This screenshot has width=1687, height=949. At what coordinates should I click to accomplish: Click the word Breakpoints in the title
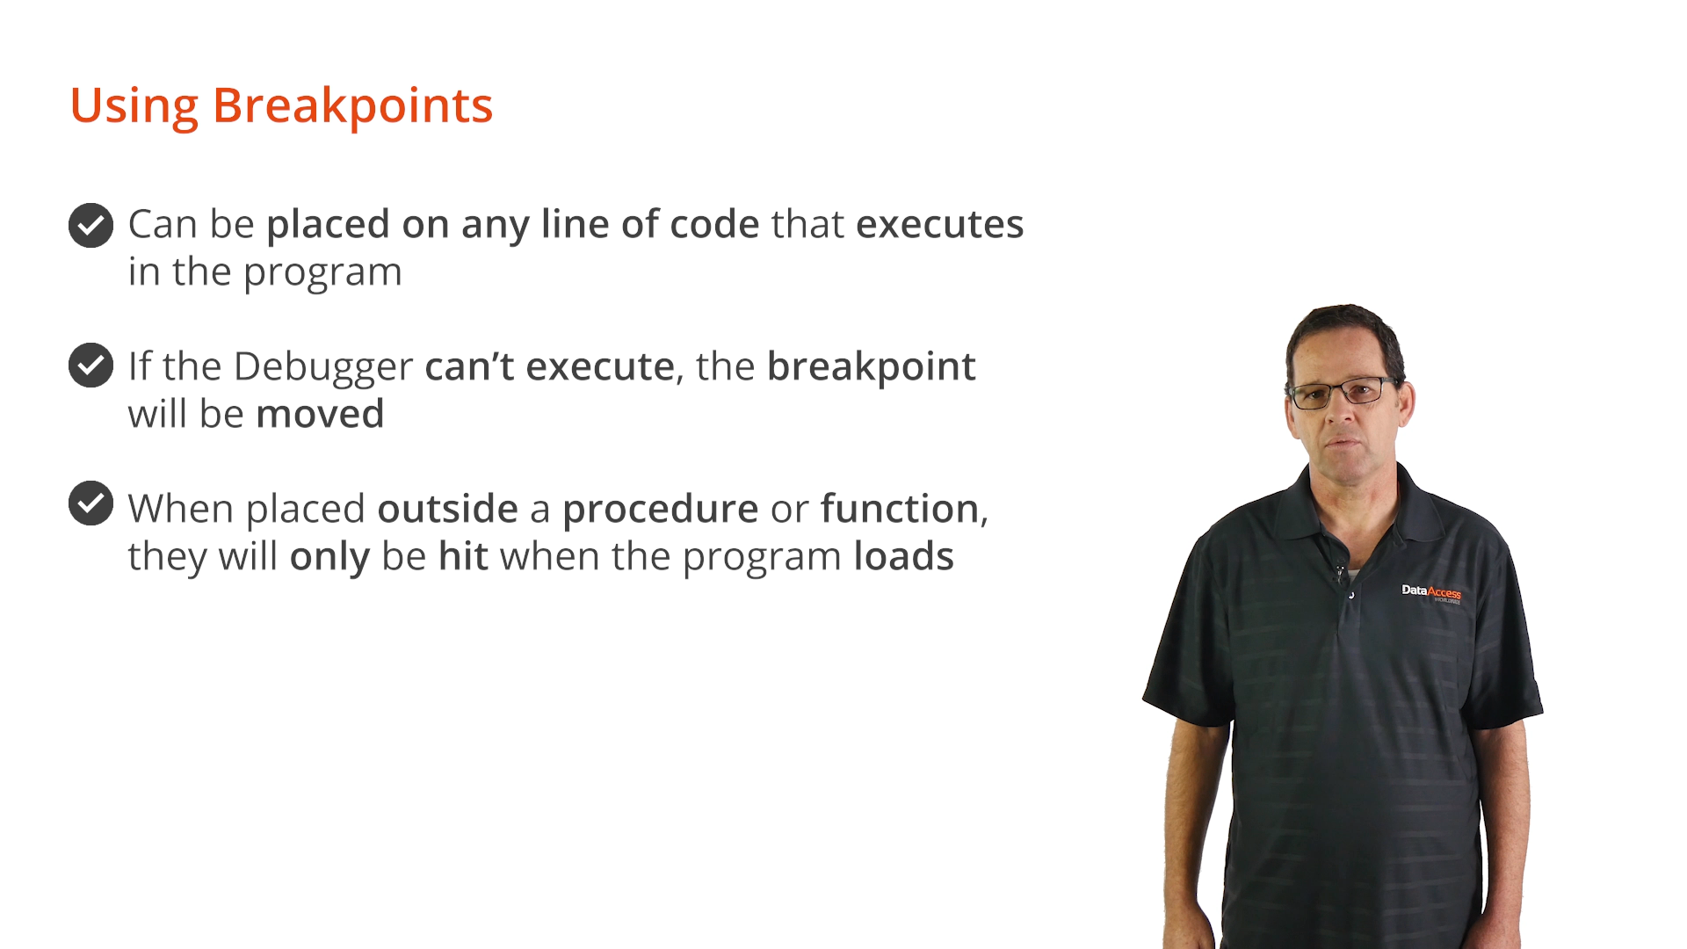pos(352,106)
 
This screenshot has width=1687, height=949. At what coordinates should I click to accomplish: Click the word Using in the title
pos(134,106)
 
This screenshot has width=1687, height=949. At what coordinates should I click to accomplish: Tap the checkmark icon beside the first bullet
pos(91,226)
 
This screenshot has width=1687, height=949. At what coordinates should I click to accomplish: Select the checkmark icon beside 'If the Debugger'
pos(91,365)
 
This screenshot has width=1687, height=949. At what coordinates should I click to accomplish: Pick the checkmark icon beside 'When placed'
pos(91,503)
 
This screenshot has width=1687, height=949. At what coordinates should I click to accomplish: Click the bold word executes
pos(939,224)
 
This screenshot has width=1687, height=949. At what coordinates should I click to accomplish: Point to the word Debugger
pos(323,367)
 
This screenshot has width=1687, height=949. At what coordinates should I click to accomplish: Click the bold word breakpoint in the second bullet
pos(871,367)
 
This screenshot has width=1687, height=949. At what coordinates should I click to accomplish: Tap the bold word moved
pos(320,414)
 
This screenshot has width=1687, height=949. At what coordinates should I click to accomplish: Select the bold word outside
pos(447,509)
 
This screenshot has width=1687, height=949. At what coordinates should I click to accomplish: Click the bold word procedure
pos(660,510)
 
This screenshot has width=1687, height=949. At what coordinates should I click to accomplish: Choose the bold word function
pos(900,509)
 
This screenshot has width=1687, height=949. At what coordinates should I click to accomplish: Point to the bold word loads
pos(903,556)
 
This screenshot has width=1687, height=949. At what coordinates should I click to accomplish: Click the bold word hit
pos(463,556)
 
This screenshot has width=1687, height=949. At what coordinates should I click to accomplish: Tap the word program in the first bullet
pos(322,274)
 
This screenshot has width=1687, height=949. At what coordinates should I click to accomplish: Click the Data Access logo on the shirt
pos(1431,593)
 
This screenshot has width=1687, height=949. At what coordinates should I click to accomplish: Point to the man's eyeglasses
pos(1342,392)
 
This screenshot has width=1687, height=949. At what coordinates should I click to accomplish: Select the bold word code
pos(714,224)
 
